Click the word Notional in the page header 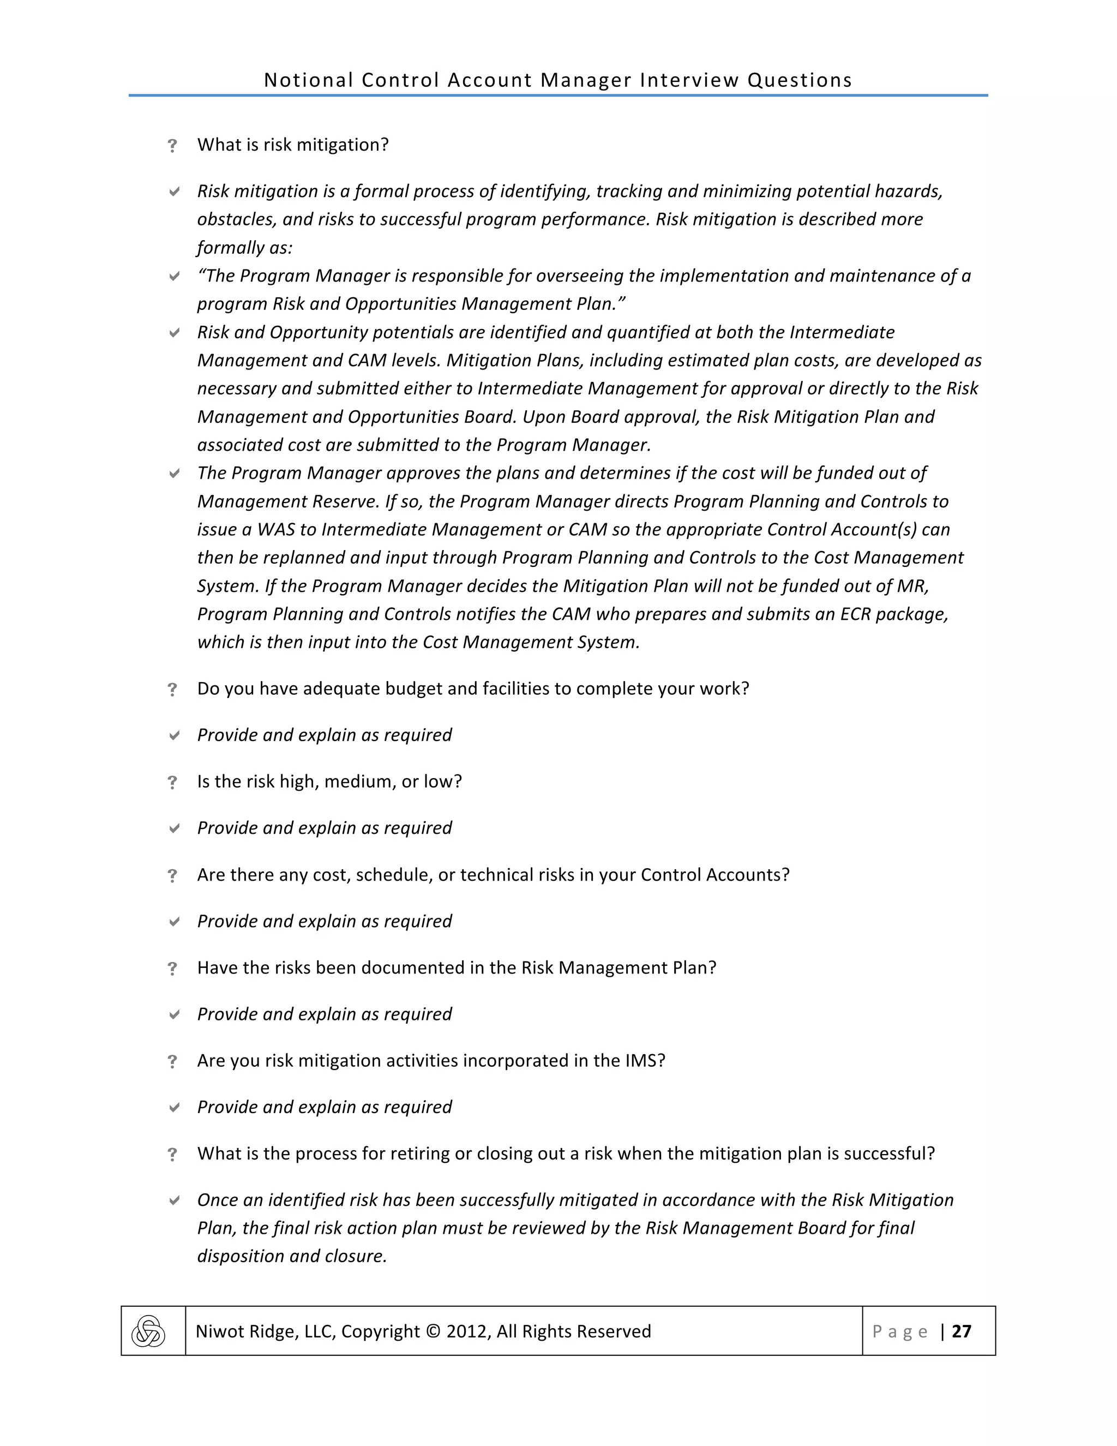point(308,80)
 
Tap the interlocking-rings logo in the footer point(148,1331)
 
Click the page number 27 point(961,1331)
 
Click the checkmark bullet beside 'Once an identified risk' point(174,1200)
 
